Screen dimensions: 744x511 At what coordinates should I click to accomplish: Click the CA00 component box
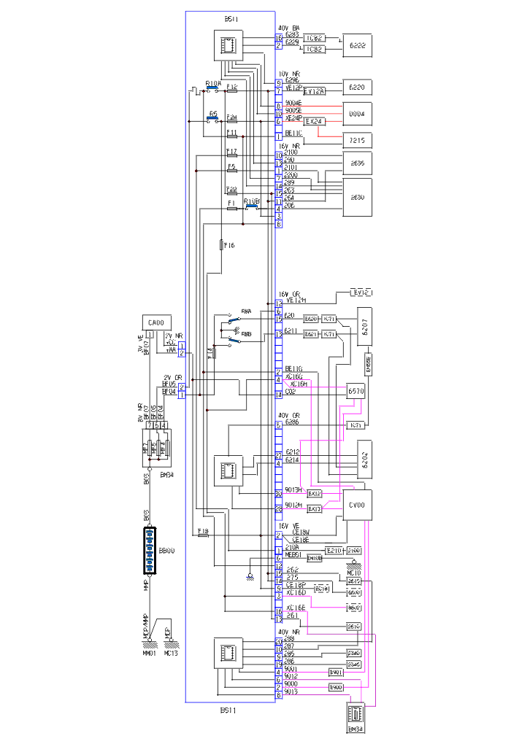(x=155, y=322)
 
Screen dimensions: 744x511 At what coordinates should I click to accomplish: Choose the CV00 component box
(x=357, y=504)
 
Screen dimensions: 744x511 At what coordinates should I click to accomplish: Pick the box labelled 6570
(x=356, y=391)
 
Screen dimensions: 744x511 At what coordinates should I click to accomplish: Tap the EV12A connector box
(x=314, y=91)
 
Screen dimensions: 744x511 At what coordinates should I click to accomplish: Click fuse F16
(x=220, y=246)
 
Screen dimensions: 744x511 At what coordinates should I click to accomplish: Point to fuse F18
(x=204, y=535)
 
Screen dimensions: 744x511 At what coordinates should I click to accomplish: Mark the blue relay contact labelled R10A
(x=213, y=90)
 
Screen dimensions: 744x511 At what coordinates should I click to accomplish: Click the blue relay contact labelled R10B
(x=253, y=207)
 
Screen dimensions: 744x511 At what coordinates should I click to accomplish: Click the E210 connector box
(x=333, y=549)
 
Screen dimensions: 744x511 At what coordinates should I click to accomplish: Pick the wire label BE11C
(x=293, y=133)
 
